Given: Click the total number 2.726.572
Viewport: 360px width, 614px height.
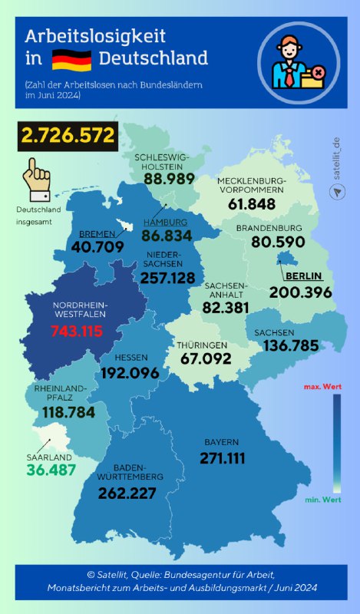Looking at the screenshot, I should (68, 137).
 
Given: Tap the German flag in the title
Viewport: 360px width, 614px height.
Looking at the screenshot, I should (71, 59).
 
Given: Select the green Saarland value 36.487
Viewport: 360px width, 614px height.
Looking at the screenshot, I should (51, 469).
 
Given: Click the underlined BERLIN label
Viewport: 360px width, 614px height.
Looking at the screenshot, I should (302, 276).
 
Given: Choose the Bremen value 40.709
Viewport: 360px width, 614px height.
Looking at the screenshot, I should (97, 247).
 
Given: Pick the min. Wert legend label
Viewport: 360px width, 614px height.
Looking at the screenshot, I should (322, 500).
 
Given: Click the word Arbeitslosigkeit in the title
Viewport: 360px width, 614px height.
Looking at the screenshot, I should (95, 36).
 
